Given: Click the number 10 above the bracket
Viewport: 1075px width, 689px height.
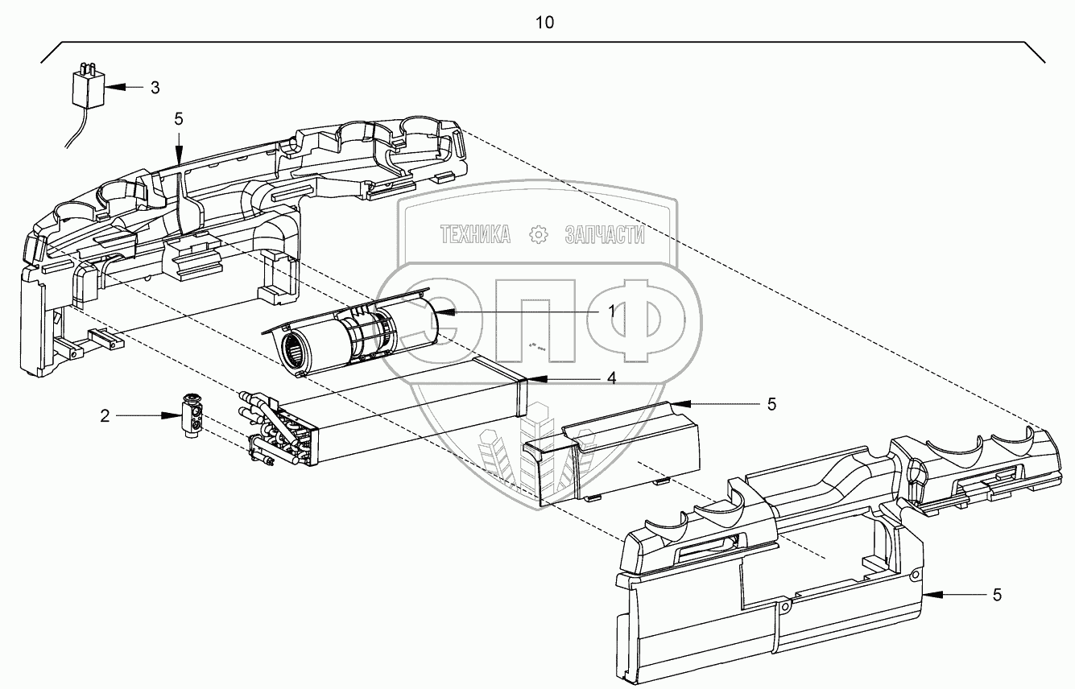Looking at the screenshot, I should [545, 23].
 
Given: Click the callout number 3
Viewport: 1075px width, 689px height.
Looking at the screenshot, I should [155, 87].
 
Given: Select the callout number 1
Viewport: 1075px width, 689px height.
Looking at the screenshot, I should [612, 311].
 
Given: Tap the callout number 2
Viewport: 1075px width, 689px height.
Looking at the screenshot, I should [105, 415].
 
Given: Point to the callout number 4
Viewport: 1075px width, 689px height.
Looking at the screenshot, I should [612, 378].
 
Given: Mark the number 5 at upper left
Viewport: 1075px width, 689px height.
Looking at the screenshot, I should [179, 118].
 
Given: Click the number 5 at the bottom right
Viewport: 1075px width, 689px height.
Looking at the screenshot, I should [997, 595].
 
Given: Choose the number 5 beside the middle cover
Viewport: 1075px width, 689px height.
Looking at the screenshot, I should [771, 405].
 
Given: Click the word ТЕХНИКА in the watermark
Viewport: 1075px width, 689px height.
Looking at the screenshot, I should [475, 235].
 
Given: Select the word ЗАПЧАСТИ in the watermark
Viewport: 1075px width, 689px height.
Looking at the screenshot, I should [606, 235].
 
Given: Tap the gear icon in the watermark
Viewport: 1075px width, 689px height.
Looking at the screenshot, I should [537, 235].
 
